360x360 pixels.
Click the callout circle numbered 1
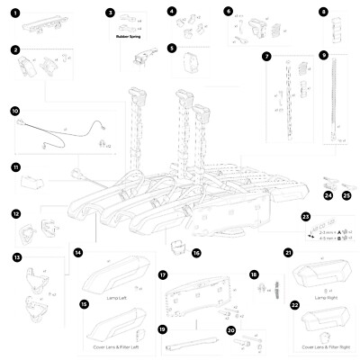15,15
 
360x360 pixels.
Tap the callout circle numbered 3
110,14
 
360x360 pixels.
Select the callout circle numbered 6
228,11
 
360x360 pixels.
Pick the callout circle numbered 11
15,167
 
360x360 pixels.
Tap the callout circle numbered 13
15,256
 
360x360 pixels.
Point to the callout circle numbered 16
196,254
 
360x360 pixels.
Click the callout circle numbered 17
163,274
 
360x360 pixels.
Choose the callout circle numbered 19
163,329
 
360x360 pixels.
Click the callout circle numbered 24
328,193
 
